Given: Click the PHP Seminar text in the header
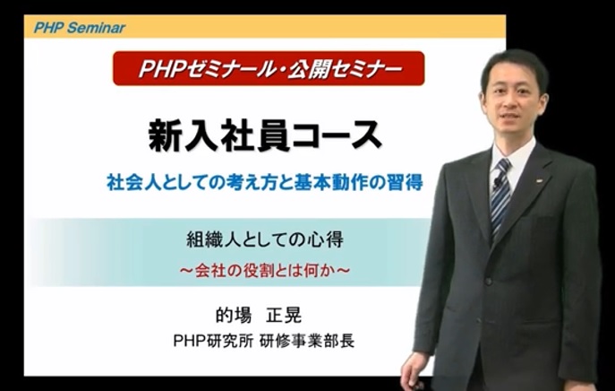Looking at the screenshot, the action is [x=80, y=28].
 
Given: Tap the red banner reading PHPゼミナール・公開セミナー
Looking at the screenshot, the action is [x=269, y=68].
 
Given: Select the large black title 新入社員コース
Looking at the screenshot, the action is [x=265, y=135].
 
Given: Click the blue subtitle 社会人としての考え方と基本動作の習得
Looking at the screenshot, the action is [x=265, y=182].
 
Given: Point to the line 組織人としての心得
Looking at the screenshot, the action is [x=265, y=239].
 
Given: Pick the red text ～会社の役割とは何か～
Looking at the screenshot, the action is [x=265, y=271].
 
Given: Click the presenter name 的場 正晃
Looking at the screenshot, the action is [x=259, y=315].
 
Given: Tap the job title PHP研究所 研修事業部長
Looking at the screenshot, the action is [x=264, y=341].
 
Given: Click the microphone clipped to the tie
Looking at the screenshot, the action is [x=498, y=182].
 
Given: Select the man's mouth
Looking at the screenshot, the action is [x=508, y=117].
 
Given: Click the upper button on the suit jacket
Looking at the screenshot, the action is [x=488, y=282].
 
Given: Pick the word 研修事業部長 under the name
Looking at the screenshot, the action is [x=308, y=341].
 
